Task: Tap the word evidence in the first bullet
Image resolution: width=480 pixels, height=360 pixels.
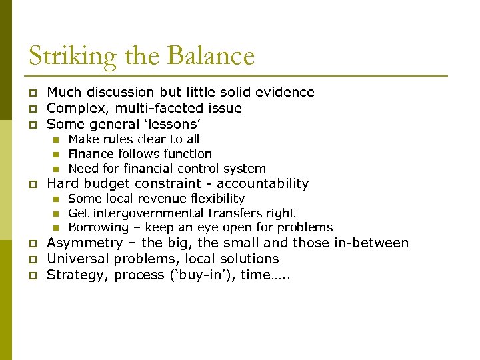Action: click(x=285, y=92)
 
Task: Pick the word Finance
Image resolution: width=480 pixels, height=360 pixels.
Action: click(x=91, y=154)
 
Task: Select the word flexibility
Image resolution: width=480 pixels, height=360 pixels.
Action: click(x=219, y=199)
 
